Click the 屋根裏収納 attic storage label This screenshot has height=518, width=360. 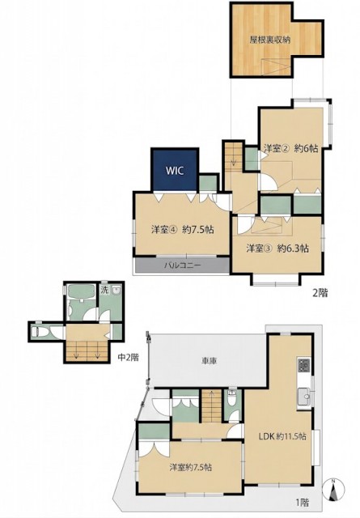270,40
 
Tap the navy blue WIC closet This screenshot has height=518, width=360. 175,169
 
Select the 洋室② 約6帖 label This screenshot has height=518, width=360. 290,149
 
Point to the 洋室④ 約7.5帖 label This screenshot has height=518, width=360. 182,229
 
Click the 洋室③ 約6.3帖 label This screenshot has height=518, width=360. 277,248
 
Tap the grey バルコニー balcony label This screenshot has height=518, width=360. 182,265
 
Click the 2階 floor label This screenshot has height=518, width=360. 320,293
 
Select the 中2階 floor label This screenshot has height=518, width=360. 129,357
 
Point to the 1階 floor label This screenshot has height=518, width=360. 303,503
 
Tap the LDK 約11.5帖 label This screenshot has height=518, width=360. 282,436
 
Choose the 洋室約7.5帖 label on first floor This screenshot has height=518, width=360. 191,467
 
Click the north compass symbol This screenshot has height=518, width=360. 334,490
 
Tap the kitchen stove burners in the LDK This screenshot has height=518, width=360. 304,366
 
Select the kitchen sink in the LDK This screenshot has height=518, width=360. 304,396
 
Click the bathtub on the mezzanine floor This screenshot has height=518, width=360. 81,291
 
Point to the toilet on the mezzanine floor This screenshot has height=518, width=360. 38,331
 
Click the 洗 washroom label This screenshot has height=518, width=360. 104,291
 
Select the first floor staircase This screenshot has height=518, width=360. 211,405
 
